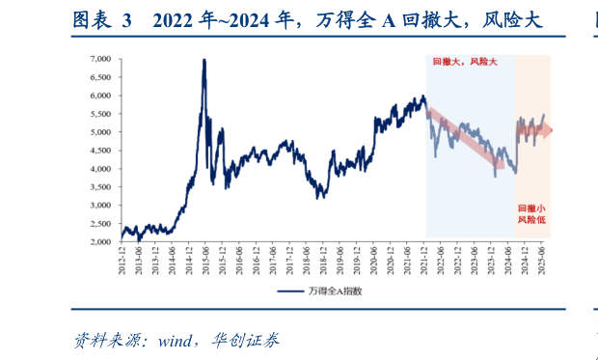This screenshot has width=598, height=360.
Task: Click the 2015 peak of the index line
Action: click(204, 61)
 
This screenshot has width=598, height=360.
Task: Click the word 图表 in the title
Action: click(92, 19)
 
